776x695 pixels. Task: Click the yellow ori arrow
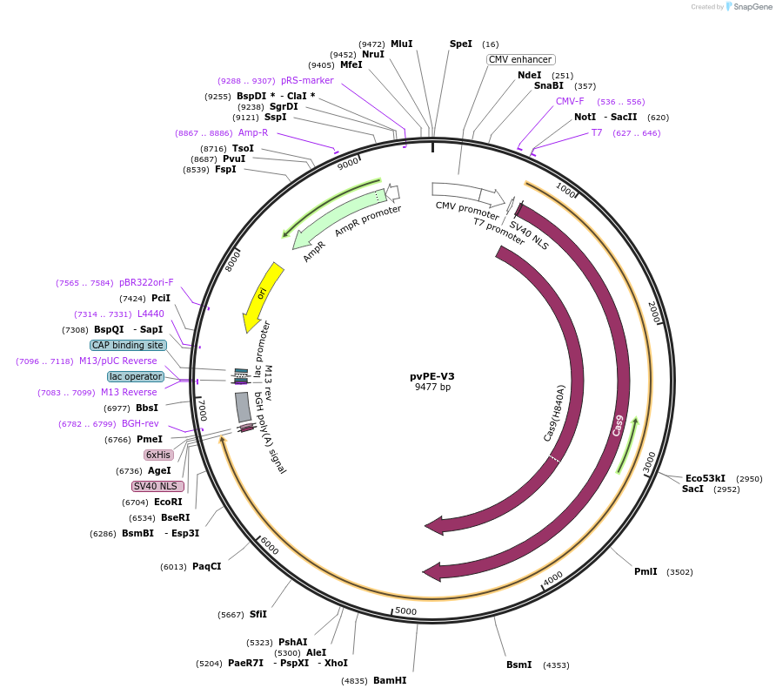[262, 296]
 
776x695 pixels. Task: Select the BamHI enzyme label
[390, 680]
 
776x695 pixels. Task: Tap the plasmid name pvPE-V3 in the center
[432, 376]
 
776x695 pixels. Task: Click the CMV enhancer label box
[520, 59]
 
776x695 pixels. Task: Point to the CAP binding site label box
[127, 345]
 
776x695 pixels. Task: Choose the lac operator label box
[136, 376]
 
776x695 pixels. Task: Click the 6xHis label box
[158, 455]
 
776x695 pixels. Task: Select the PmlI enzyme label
[646, 571]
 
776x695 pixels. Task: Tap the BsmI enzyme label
[518, 665]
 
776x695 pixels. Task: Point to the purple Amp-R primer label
[253, 132]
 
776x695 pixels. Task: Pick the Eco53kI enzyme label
[705, 478]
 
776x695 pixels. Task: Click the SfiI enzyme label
[258, 614]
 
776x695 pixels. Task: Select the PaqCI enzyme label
[206, 566]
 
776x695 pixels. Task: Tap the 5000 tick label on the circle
[406, 611]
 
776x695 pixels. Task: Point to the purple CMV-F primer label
[570, 101]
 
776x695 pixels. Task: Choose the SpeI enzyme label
[460, 44]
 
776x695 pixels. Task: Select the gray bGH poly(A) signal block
[243, 407]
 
